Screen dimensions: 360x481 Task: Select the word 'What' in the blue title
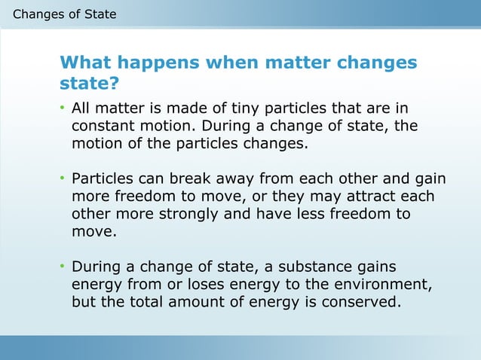coord(84,63)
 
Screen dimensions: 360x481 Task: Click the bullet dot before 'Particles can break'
coord(63,180)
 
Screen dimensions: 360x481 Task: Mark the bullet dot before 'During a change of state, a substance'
coord(63,268)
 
